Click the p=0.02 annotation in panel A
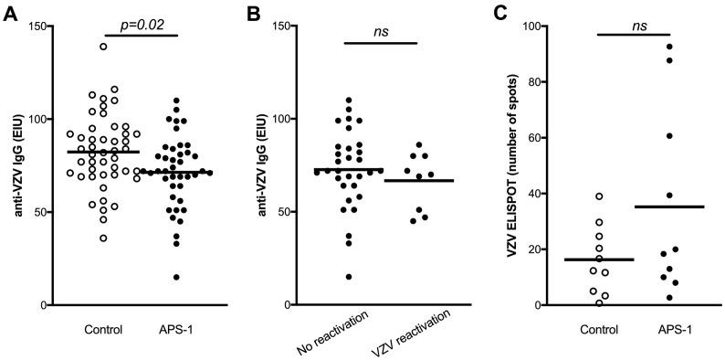[143, 26]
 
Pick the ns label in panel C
[643, 26]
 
